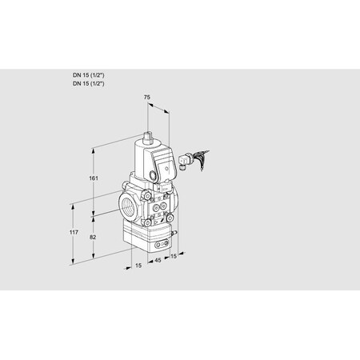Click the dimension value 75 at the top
click(146, 97)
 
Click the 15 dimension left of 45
click(138, 265)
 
